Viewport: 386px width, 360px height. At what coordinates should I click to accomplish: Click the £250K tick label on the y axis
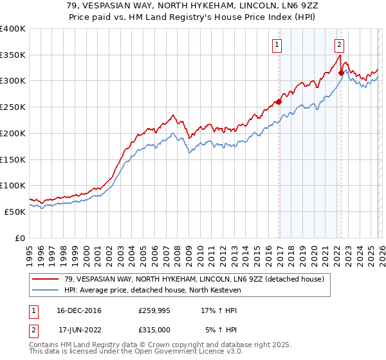[x=13, y=107]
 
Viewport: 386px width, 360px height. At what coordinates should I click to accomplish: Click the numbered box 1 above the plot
[x=277, y=45]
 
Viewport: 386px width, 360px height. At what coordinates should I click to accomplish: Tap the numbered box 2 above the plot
[x=339, y=45]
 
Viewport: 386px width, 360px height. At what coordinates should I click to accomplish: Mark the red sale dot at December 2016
[x=279, y=102]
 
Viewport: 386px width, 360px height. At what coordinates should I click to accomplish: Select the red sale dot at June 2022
[x=341, y=73]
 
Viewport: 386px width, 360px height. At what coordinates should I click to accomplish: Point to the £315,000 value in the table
[x=154, y=329]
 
